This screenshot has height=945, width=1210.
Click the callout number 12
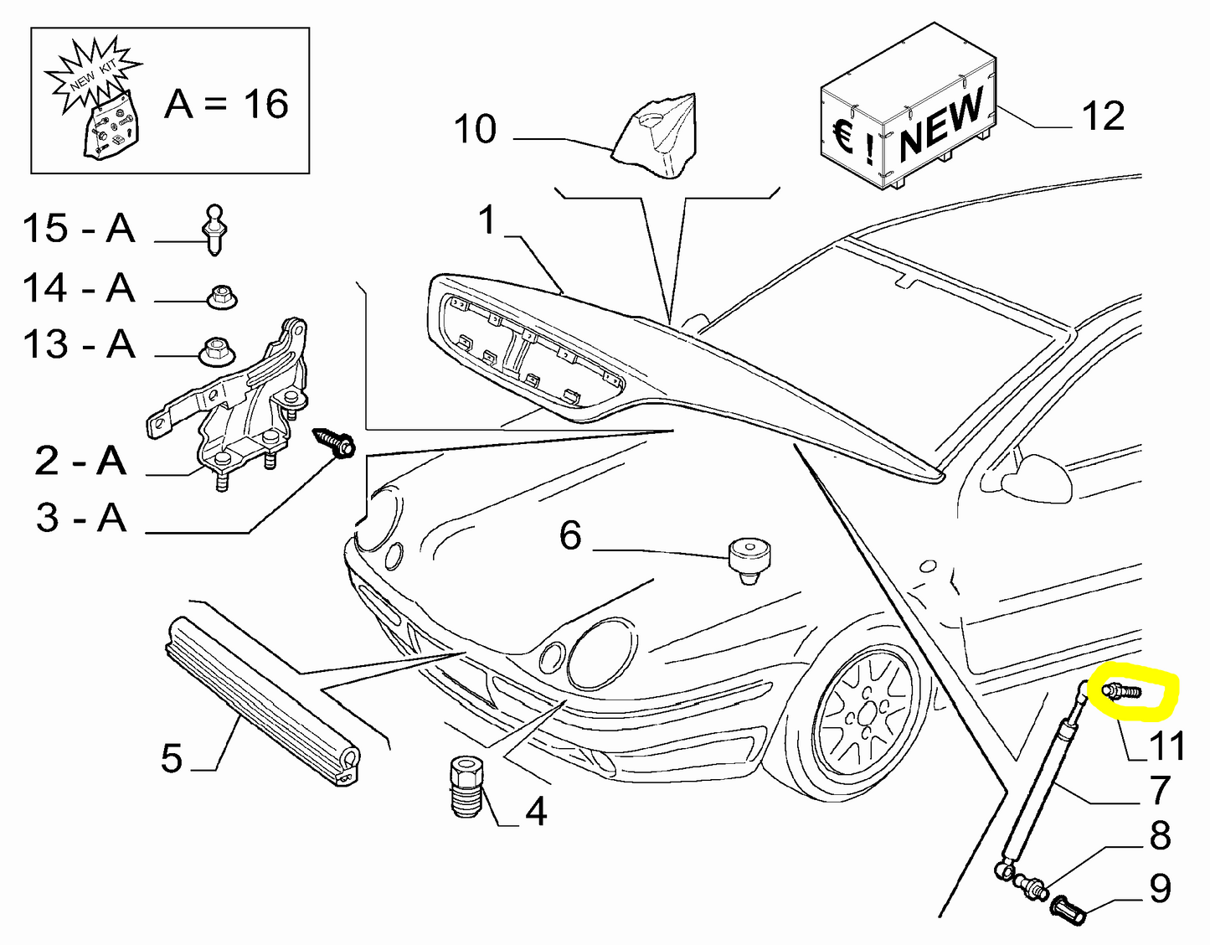1103,116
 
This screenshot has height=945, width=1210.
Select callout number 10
475,129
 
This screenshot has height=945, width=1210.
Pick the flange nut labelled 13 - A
214,353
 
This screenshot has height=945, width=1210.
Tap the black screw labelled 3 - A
334,442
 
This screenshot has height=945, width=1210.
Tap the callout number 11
1167,746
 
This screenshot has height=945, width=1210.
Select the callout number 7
1160,790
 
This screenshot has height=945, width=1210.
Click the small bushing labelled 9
1069,908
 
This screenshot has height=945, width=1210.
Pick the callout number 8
1160,835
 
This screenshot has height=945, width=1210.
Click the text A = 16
227,104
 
